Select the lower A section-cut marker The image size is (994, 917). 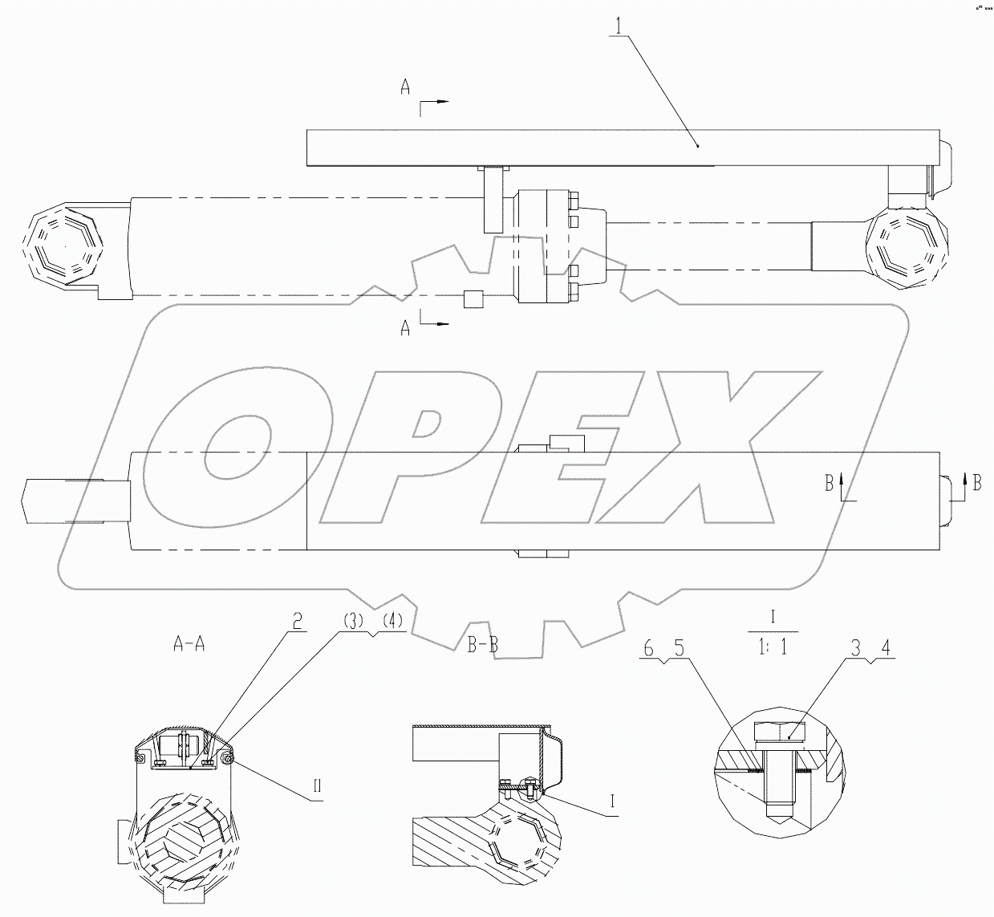click(x=406, y=327)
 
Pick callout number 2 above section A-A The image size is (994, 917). click(x=297, y=621)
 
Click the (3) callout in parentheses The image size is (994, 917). click(x=351, y=621)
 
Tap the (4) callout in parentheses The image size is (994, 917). click(x=392, y=621)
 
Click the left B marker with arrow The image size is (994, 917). click(x=830, y=482)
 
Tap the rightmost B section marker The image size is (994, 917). click(x=976, y=482)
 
